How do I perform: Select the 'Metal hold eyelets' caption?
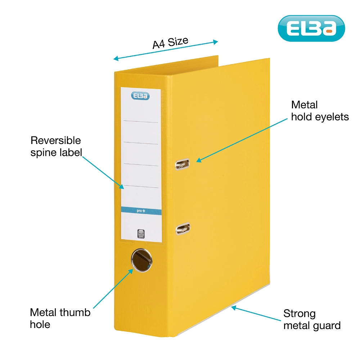[x=320, y=111]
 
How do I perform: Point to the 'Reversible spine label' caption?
[x=56, y=146]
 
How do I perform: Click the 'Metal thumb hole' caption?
[x=60, y=318]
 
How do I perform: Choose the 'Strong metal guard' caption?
[x=312, y=319]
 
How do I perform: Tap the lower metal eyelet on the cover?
[x=183, y=228]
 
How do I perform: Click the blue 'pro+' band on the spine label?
[x=140, y=210]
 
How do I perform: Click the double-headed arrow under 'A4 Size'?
[x=166, y=50]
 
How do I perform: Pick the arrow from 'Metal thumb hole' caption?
[x=113, y=288]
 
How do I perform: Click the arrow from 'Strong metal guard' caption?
[x=256, y=314]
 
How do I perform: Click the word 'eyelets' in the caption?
[x=331, y=117]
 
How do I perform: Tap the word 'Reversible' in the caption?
[x=56, y=140]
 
